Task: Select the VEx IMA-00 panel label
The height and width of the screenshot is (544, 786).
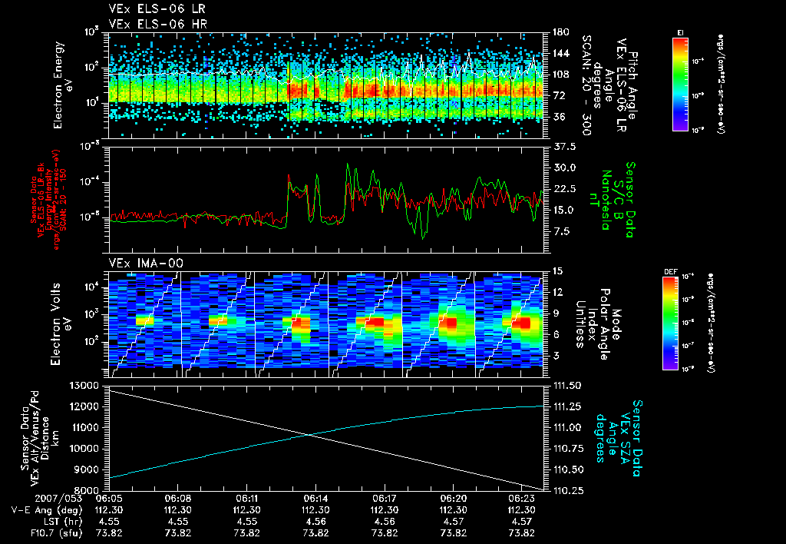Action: (140, 263)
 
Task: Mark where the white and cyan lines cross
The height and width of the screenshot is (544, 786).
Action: (311, 435)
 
